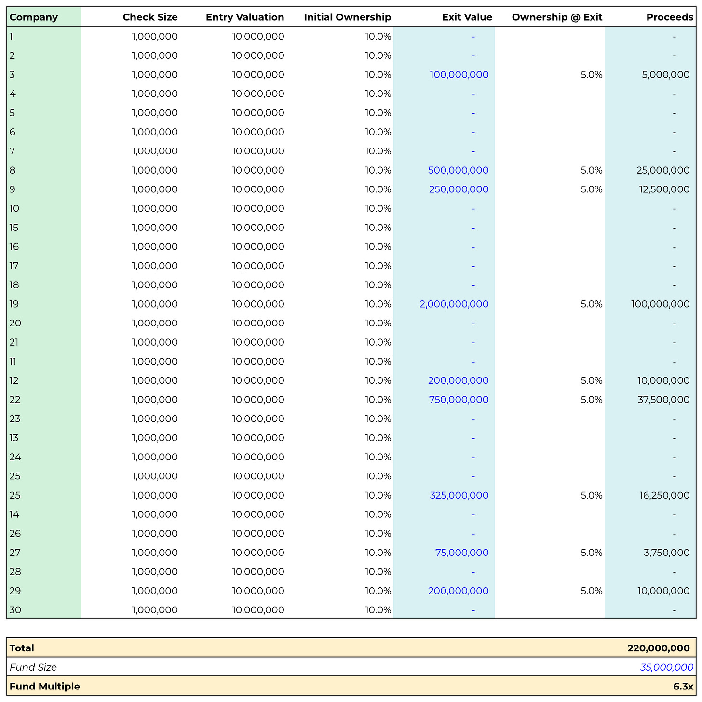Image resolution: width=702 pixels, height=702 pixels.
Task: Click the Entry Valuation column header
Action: pyautogui.click(x=245, y=17)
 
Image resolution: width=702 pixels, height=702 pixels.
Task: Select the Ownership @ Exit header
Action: pyautogui.click(x=557, y=17)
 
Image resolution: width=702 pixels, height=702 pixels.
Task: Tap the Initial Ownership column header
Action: pyautogui.click(x=347, y=17)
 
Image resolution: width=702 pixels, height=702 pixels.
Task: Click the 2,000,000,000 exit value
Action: pyautogui.click(x=454, y=304)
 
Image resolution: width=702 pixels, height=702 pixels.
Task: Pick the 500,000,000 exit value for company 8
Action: pyautogui.click(x=458, y=170)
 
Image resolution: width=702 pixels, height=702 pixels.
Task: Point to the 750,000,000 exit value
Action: pyautogui.click(x=458, y=400)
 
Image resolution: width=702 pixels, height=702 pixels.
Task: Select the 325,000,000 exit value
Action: pyautogui.click(x=459, y=495)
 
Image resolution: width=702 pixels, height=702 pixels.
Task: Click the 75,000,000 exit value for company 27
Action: pyautogui.click(x=461, y=553)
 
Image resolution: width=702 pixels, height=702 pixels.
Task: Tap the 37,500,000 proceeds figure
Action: pyautogui.click(x=663, y=400)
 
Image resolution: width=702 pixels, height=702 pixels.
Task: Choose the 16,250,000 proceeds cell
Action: pyautogui.click(x=663, y=495)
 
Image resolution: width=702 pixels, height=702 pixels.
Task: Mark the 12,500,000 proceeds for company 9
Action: pyautogui.click(x=663, y=189)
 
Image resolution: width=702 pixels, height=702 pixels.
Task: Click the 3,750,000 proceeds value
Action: pyautogui.click(x=666, y=553)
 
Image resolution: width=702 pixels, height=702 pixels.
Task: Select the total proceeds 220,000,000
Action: pyautogui.click(x=658, y=648)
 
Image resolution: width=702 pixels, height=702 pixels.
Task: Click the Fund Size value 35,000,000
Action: pyautogui.click(x=666, y=667)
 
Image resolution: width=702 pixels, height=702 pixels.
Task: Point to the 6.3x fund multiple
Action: pyautogui.click(x=683, y=687)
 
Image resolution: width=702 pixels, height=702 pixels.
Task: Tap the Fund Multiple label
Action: pyautogui.click(x=45, y=687)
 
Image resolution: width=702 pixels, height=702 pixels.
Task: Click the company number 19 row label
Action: pyautogui.click(x=14, y=304)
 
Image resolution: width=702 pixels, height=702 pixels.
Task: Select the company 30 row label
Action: pyautogui.click(x=15, y=610)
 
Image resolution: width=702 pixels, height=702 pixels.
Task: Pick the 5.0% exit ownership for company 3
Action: pyautogui.click(x=591, y=75)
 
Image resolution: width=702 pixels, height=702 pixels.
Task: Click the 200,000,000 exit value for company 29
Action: pyautogui.click(x=458, y=591)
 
